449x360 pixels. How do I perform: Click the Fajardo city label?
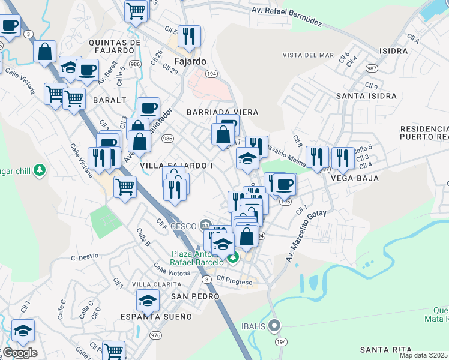click(190, 61)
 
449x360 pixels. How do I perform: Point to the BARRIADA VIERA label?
click(222, 112)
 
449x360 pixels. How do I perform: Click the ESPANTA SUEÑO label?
click(156, 316)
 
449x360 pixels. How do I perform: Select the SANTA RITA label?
click(386, 349)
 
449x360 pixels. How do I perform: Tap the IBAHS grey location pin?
click(274, 326)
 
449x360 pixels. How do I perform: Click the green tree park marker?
click(40, 170)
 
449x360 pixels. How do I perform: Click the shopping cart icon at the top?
click(136, 10)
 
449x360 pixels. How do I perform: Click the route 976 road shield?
click(156, 335)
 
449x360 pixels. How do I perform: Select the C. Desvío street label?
click(84, 257)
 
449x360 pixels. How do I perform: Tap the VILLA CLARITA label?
click(156, 284)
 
